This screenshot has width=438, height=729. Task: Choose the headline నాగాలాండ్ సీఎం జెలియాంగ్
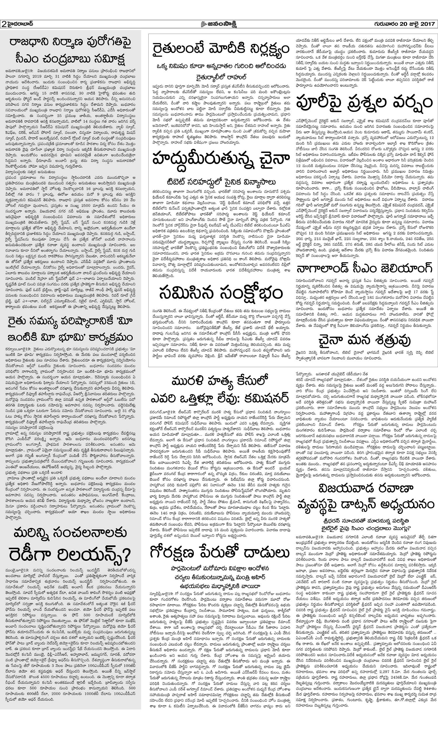click(365, 269)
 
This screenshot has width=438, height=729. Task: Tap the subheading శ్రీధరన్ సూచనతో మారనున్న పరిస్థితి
click(365, 521)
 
